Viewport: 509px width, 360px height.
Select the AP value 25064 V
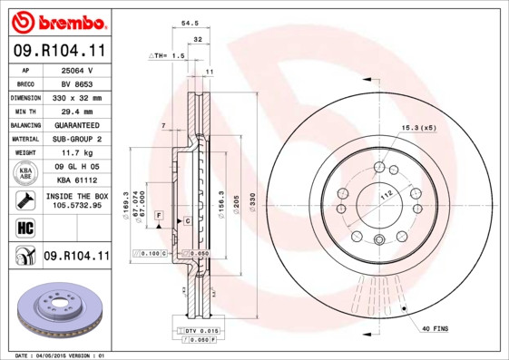pos(77,70)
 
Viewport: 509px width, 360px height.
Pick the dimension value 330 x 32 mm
pos(77,97)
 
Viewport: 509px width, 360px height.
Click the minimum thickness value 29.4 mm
pos(77,111)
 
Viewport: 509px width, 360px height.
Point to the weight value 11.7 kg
pos(77,153)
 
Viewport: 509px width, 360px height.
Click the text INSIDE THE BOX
pos(77,196)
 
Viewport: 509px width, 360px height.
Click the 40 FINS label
pos(435,327)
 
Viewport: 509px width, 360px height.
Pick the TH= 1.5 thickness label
pos(167,56)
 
